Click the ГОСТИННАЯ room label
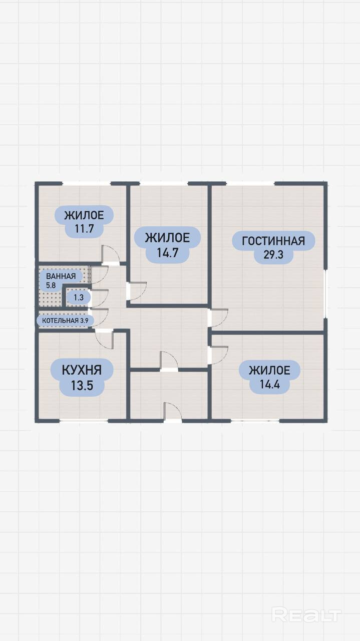coord(273,241)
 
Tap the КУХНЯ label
coord(82,370)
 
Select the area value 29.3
coord(273,254)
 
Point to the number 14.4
coord(269,384)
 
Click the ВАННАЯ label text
coord(61,276)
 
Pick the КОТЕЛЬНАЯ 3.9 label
coord(65,320)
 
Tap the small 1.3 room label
coord(79,297)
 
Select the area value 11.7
coord(85,229)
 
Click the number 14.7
coord(168,253)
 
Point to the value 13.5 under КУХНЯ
coord(82,386)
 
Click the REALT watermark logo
coord(306,614)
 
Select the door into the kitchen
coord(104,339)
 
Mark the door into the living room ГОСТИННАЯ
coord(218,318)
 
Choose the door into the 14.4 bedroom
coord(218,355)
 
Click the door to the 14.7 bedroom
coord(137,291)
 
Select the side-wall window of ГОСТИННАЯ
coord(325,293)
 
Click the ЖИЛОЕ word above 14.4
coord(269,371)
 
